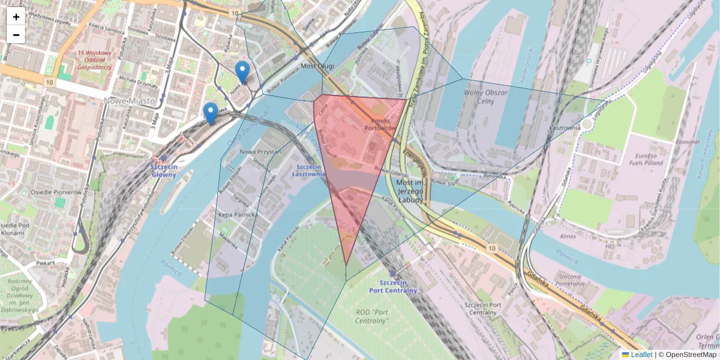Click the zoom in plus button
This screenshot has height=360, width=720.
16,17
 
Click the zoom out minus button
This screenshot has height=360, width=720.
16,35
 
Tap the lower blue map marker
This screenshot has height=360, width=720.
210,113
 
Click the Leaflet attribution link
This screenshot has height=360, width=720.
641,355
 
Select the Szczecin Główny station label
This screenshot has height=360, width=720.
164,171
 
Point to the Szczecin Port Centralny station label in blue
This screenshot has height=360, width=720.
394,286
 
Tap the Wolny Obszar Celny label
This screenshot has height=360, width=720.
486,97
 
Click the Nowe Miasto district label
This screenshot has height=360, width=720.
130,101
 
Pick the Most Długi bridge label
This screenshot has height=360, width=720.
317,66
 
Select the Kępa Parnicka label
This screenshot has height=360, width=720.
238,214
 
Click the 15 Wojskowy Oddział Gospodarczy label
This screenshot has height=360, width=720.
95,60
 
